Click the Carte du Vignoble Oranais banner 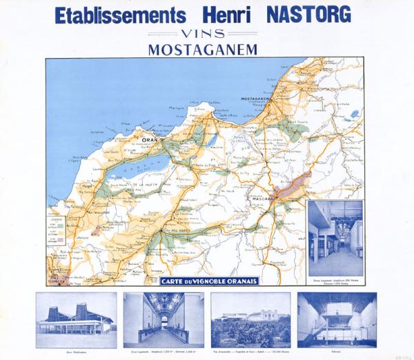tap(209, 281)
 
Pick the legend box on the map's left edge tap(59, 231)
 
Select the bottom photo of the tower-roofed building tap(75, 318)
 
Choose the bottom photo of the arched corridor tap(163, 318)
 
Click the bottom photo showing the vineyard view tap(251, 317)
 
